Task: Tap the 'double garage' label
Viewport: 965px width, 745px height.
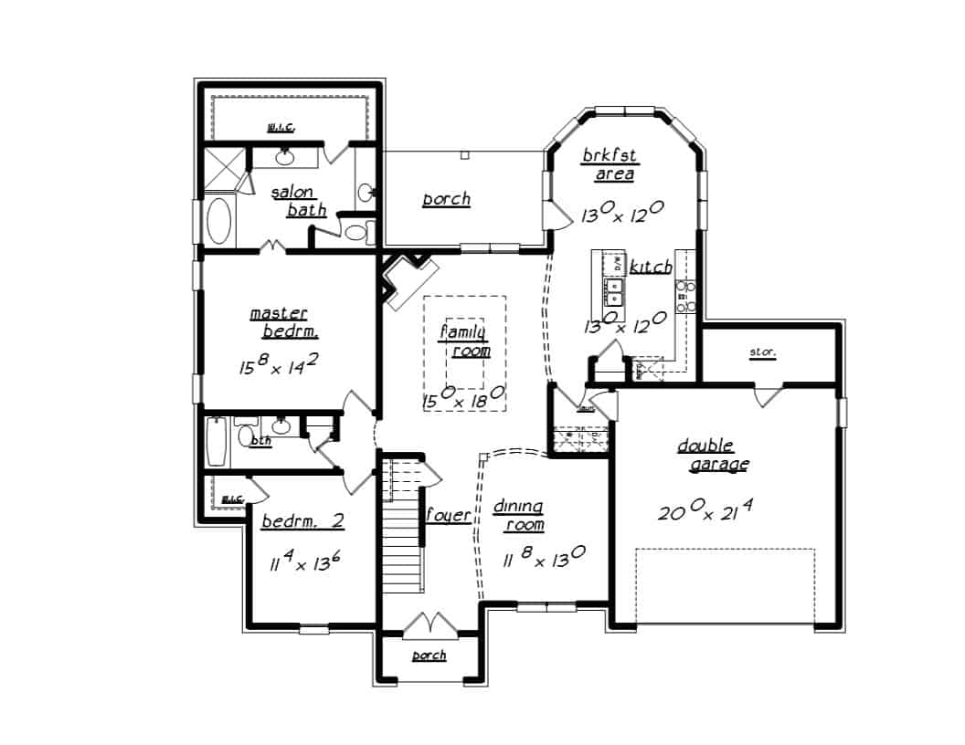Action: click(x=713, y=455)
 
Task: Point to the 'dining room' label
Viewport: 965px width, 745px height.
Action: click(x=519, y=516)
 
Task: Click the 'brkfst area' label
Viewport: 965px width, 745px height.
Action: click(x=610, y=165)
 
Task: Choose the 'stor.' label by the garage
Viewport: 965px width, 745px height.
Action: click(x=762, y=352)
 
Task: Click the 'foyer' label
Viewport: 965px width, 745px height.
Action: click(x=449, y=516)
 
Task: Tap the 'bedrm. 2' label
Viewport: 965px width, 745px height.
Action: click(x=302, y=522)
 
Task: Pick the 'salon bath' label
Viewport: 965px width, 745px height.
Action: click(x=298, y=202)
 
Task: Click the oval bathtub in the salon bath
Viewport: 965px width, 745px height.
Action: click(x=219, y=221)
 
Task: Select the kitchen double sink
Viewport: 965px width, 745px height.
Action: click(x=616, y=292)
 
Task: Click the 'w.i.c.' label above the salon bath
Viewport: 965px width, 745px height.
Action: click(x=281, y=127)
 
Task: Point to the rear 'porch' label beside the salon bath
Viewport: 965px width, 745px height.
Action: click(x=446, y=199)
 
